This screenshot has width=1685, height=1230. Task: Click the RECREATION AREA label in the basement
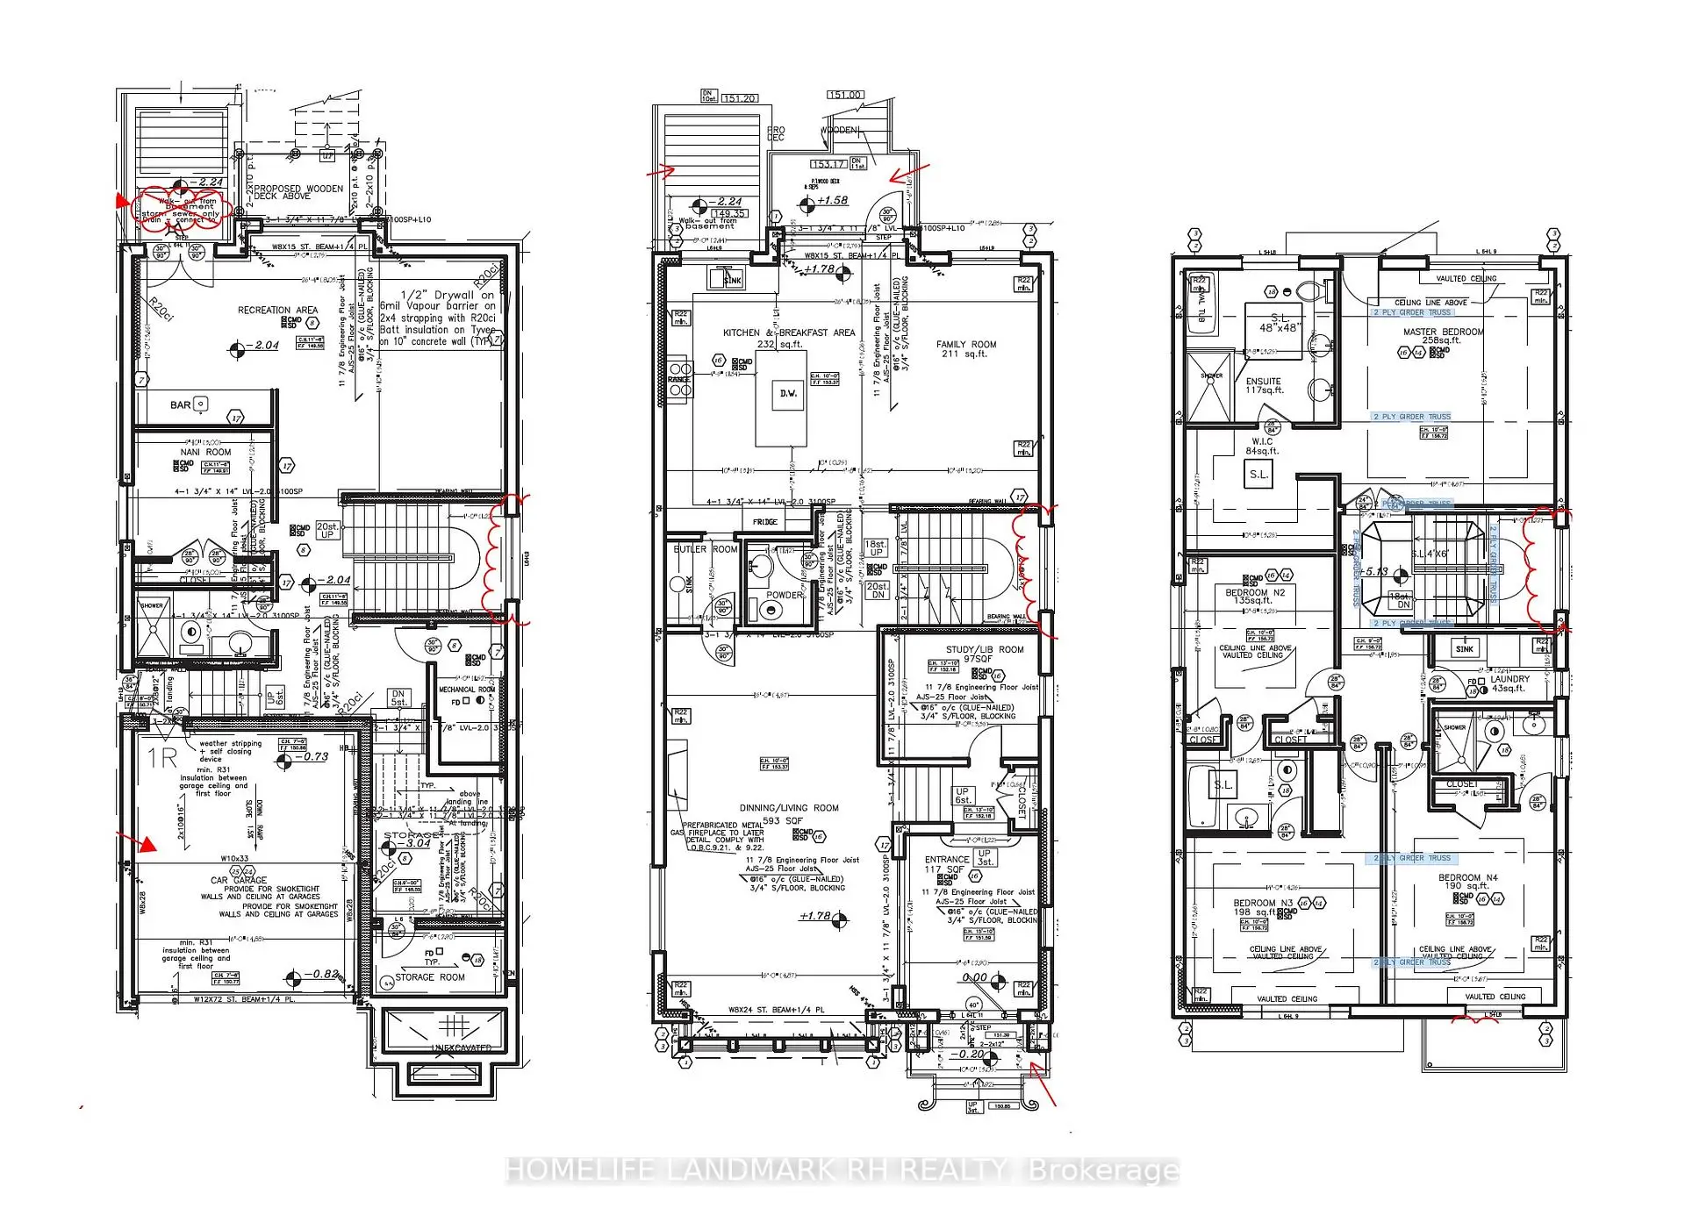[x=277, y=310]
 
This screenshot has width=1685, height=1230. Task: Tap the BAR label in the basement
[x=181, y=405]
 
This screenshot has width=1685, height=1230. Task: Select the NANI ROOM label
[x=206, y=453]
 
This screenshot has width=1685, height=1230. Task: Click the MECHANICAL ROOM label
[x=468, y=690]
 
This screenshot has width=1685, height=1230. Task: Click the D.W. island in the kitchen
[x=788, y=393]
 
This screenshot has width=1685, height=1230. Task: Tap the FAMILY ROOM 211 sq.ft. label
[x=965, y=349]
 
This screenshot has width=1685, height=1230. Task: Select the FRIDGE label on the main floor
[x=764, y=522]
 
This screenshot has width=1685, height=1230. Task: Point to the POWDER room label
[x=783, y=595]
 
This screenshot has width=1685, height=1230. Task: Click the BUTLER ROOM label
[x=705, y=549]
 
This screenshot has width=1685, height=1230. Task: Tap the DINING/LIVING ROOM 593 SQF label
[x=788, y=813]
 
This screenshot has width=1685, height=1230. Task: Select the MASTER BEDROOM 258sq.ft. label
[x=1443, y=336]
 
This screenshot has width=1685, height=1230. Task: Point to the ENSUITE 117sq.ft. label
[x=1263, y=385]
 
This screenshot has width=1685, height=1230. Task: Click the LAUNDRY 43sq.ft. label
[x=1509, y=683]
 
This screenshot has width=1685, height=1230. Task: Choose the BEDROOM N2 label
[x=1254, y=597]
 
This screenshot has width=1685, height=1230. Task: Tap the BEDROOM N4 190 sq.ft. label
[x=1467, y=881]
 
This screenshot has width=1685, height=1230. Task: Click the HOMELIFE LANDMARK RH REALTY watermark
[x=842, y=1170]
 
